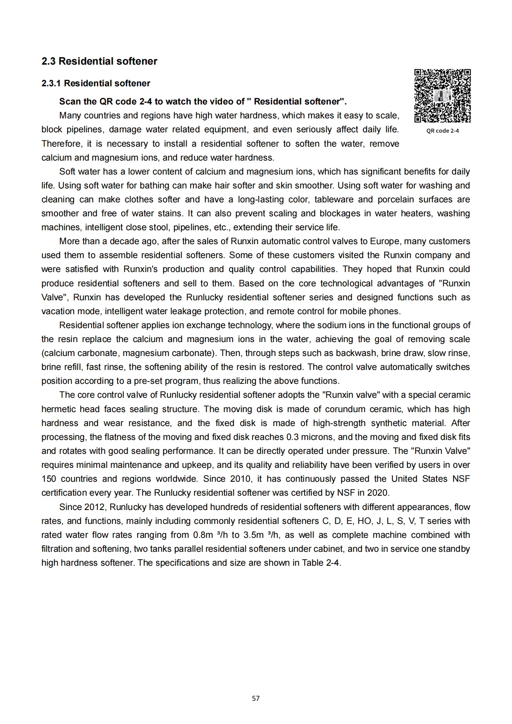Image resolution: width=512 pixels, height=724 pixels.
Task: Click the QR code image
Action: click(442, 96)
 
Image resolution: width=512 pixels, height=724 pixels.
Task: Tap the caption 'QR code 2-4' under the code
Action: click(442, 131)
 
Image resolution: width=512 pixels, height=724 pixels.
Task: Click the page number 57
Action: click(256, 698)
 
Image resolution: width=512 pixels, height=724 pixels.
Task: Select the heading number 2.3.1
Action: click(51, 83)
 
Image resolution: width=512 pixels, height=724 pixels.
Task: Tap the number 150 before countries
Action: click(49, 479)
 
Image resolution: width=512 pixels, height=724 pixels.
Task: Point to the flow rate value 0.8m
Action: click(203, 535)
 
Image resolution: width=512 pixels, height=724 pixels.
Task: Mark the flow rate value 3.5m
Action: click(253, 535)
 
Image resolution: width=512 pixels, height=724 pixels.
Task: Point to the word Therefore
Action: click(61, 144)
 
